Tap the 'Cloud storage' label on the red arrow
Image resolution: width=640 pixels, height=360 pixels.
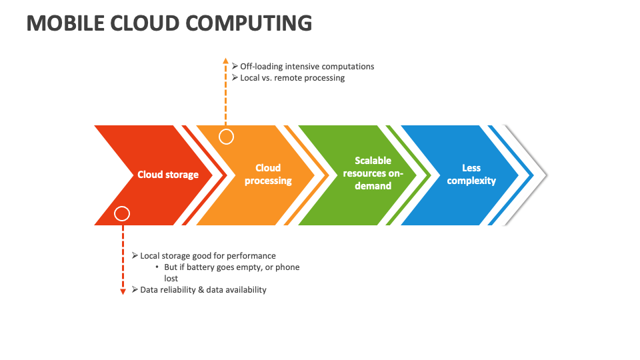click(x=168, y=175)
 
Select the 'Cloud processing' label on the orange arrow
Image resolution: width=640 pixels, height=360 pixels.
click(x=268, y=175)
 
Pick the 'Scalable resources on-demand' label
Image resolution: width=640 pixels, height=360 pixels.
click(x=373, y=173)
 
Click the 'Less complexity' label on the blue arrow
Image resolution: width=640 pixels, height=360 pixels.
click(x=471, y=175)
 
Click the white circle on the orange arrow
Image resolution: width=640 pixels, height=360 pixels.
click(x=227, y=137)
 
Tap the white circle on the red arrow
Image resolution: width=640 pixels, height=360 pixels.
click(x=122, y=213)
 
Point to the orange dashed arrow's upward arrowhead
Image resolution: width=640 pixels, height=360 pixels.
click(x=226, y=61)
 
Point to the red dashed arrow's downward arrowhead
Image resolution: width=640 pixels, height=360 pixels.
click(x=123, y=291)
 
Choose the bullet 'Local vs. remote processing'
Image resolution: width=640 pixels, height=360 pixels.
click(x=292, y=78)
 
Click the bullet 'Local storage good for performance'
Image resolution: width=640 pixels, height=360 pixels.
click(x=207, y=256)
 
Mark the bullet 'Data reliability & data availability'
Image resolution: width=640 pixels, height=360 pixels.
click(x=203, y=290)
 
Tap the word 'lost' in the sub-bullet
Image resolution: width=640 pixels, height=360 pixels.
click(x=171, y=279)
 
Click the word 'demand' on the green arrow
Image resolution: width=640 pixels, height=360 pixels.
click(x=373, y=186)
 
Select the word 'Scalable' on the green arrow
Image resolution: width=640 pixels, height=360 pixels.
click(x=373, y=161)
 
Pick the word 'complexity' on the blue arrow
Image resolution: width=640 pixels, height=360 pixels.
click(x=471, y=181)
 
